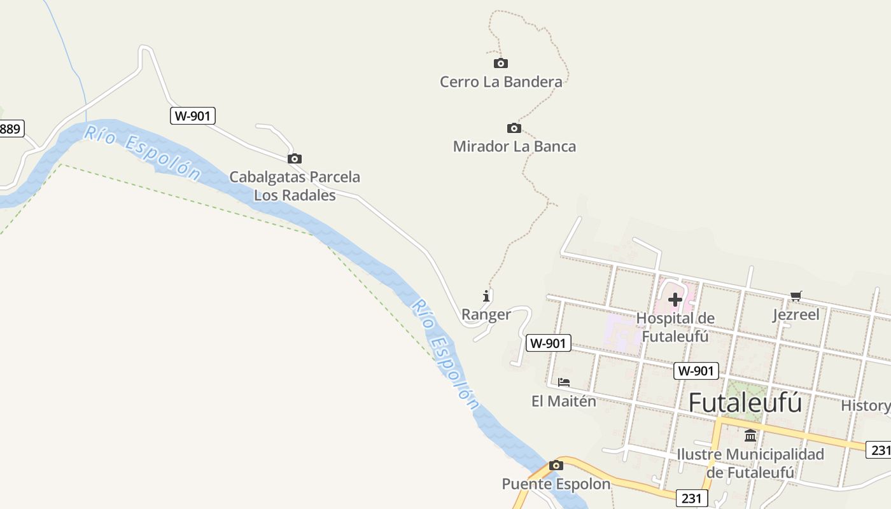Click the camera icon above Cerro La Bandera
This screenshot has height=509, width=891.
501,63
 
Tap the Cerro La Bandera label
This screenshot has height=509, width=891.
501,82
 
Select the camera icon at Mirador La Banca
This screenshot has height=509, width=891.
514,128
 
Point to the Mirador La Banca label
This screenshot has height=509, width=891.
514,146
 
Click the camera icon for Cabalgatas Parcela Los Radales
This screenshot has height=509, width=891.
294,158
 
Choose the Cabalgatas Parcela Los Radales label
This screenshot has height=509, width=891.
295,186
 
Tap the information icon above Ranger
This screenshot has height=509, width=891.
487,296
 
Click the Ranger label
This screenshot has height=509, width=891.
486,314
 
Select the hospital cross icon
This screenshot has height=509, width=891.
675,299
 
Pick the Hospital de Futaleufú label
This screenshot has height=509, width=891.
675,327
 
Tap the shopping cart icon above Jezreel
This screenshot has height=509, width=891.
796,296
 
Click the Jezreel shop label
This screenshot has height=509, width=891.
796,314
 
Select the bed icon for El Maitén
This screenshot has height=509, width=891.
564,382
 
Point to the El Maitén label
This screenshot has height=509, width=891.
564,401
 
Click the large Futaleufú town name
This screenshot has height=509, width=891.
745,403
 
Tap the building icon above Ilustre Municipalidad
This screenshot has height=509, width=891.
750,436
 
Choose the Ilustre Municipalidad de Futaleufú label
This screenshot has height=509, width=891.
750,463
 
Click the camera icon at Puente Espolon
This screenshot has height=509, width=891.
556,465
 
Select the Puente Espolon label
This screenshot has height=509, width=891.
556,484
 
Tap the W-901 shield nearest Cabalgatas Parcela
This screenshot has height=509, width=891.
193,116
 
